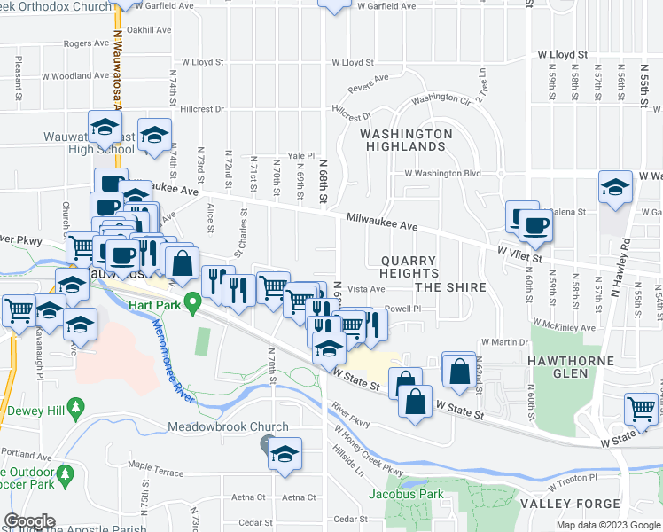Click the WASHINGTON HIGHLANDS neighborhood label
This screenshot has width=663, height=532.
click(405, 140)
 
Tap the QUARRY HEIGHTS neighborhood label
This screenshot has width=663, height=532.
click(422, 261)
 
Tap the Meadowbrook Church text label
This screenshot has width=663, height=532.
click(228, 426)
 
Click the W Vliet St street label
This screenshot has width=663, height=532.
click(519, 255)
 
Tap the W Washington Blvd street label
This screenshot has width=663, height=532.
click(442, 174)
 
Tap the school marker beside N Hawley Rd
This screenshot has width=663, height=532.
click(615, 188)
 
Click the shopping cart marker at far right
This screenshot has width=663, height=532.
click(642, 408)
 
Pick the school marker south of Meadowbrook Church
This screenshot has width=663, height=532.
click(285, 454)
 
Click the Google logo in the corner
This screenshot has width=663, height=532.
click(29, 520)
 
